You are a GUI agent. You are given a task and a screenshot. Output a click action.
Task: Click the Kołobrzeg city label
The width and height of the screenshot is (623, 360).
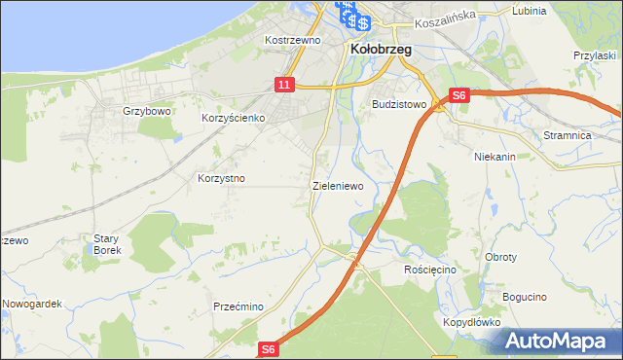tap(380, 49)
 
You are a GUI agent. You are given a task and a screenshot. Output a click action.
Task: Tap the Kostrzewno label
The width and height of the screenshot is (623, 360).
tap(293, 41)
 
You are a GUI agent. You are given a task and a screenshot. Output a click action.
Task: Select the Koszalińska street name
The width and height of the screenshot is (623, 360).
tap(443, 18)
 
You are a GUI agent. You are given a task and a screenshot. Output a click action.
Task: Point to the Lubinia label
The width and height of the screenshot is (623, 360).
tap(528, 11)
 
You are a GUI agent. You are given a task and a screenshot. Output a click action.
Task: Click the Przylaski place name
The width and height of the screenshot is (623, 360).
tap(597, 56)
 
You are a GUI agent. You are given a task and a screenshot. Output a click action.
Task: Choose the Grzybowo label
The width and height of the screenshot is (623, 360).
tap(147, 111)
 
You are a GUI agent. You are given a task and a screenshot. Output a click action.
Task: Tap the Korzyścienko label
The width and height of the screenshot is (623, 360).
tap(234, 118)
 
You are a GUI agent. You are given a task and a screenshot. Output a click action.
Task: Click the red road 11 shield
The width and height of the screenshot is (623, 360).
tap(283, 86)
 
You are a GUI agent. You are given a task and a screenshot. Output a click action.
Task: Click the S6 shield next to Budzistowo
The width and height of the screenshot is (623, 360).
tap(460, 95)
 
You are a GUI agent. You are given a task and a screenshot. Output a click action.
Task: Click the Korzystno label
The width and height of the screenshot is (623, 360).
tap(221, 179)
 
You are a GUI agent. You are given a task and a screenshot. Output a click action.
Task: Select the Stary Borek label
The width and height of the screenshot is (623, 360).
tap(106, 244)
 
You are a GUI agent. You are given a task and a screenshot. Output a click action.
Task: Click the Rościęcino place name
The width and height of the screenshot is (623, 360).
tap(430, 269)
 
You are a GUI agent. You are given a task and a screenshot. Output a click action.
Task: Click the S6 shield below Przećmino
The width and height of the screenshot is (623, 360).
tap(270, 349)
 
